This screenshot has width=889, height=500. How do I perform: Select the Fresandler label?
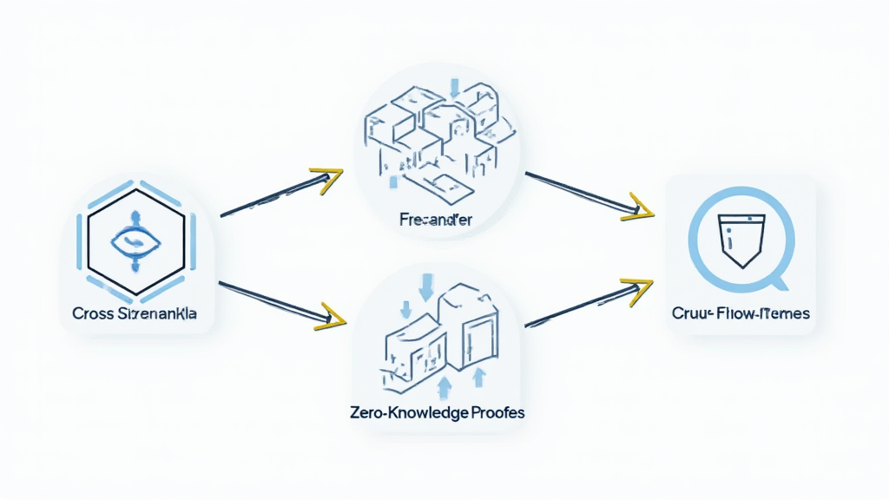pos(436,220)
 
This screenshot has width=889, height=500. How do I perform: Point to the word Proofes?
pos(494,413)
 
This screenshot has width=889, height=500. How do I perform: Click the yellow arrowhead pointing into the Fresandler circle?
pos(327,180)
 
